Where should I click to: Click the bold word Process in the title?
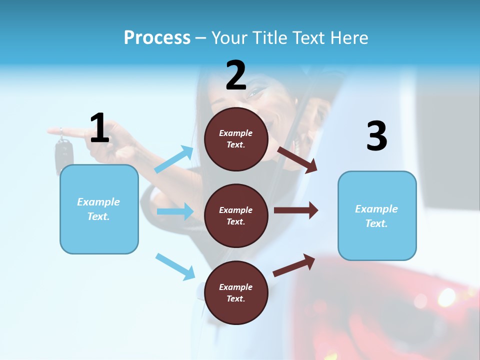click(157, 38)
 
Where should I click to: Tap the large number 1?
click(99, 128)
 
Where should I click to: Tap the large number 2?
click(236, 75)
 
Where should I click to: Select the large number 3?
click(376, 136)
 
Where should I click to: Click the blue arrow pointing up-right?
click(174, 159)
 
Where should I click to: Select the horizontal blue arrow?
click(175, 211)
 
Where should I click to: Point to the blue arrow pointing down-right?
click(175, 266)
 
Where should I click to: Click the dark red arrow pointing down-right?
click(297, 159)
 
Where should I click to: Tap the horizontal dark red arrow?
click(295, 210)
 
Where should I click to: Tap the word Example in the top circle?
click(236, 133)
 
